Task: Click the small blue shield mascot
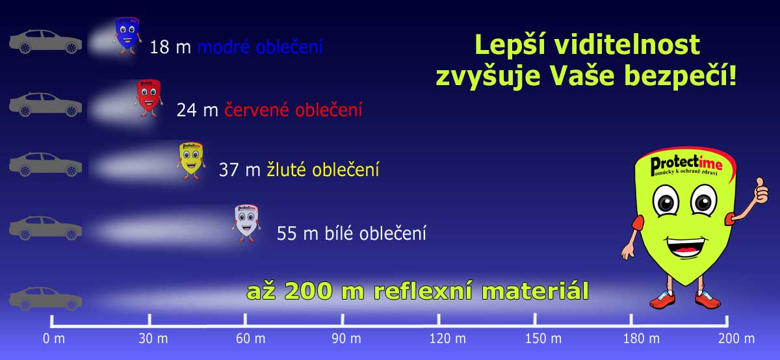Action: pos(127,34)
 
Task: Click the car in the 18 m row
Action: pos(45,42)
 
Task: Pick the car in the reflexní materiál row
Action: pos(45,299)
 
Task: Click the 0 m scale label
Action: pos(53,339)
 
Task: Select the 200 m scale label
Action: pos(736,339)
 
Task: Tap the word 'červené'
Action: pos(257,110)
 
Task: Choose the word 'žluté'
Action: pos(287,170)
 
